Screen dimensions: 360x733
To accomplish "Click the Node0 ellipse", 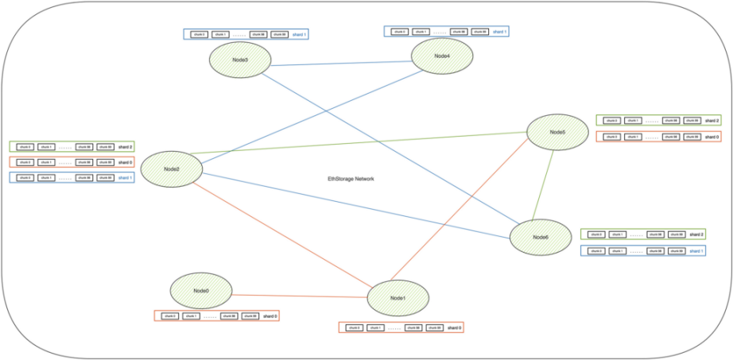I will (x=201, y=291).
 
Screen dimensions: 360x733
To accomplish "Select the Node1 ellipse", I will (x=398, y=297).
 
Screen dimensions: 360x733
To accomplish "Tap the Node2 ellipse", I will (x=172, y=169).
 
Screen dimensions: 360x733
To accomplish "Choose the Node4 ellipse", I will (x=442, y=56).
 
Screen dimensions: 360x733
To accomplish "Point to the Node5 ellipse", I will (x=557, y=132).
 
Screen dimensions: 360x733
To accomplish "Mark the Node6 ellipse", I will (x=541, y=237).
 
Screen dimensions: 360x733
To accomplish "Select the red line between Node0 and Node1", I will (x=299, y=295).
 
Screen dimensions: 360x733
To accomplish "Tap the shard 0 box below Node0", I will (x=216, y=316).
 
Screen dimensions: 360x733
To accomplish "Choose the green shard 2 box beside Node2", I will (x=72, y=147).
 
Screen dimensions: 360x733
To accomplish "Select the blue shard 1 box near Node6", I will (x=644, y=250).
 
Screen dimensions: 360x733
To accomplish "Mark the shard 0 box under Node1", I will (x=401, y=327).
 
